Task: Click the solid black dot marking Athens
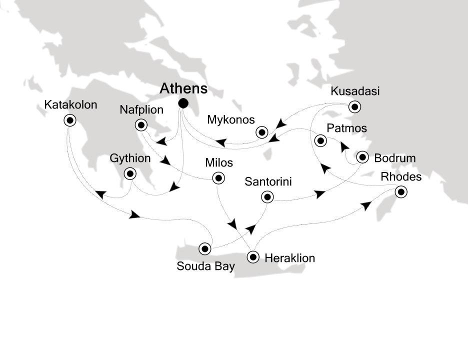coord(183,103)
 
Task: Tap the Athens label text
coord(183,89)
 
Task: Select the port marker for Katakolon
coord(69,119)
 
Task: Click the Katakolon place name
coord(70,105)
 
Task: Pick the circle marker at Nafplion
coord(142,125)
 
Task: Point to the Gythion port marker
coord(130,173)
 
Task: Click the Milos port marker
coord(217,177)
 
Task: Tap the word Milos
coord(219,163)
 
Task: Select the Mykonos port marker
coord(261,132)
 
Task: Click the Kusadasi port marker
coord(354,106)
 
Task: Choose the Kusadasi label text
coord(355,91)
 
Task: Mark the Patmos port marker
coord(320,141)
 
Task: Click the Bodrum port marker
coord(363,157)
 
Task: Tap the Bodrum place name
coord(395,158)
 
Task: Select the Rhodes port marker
coord(400,191)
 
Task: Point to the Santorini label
coord(268,181)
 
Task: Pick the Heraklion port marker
coord(253,258)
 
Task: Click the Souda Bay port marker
coord(204,248)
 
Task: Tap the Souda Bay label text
coord(205,266)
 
